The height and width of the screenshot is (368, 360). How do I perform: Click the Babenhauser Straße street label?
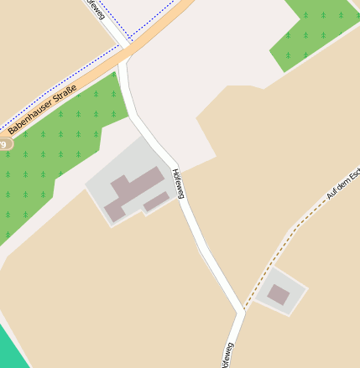[x=41, y=110]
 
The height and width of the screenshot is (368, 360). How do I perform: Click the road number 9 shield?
[x=3, y=144]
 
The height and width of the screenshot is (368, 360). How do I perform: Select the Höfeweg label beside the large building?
[x=177, y=184]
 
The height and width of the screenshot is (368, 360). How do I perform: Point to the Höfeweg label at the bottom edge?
[x=225, y=355]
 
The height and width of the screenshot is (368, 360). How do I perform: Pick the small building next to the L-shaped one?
[x=156, y=201]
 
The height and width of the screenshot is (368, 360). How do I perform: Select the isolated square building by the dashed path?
[x=278, y=294]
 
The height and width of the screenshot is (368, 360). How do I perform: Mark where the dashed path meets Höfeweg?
[x=243, y=309]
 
